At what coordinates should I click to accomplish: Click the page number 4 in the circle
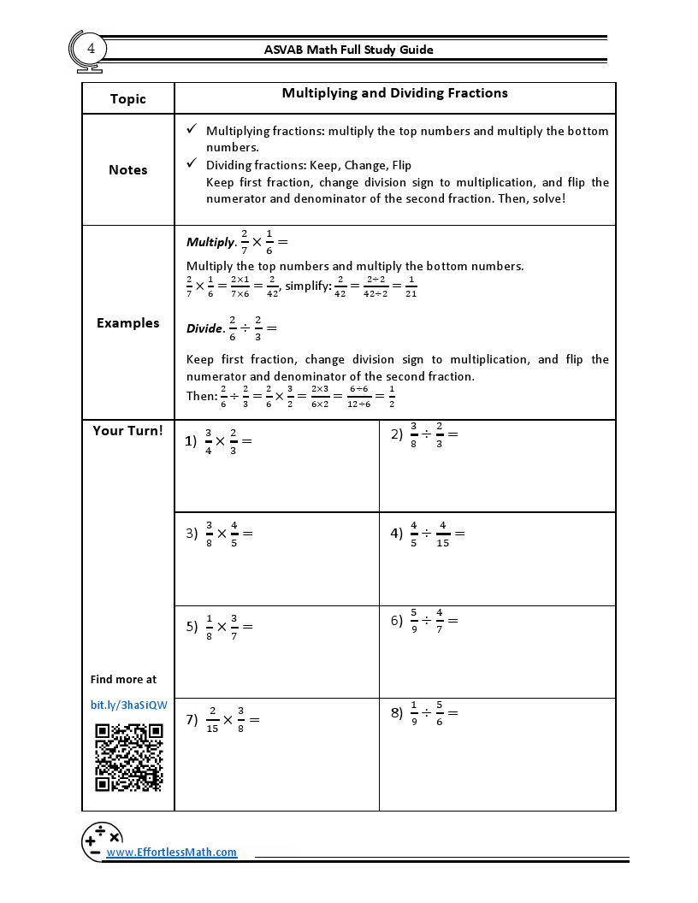click(91, 49)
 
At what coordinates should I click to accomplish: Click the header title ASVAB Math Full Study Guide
click(349, 50)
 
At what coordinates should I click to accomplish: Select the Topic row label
click(128, 99)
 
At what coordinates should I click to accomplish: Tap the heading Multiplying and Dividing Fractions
click(394, 93)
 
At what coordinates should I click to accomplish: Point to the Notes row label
click(128, 170)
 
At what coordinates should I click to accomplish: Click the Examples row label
click(128, 323)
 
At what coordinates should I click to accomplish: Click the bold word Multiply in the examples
click(210, 243)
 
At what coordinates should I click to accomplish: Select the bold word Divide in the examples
click(204, 328)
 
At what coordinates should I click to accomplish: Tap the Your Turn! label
click(128, 431)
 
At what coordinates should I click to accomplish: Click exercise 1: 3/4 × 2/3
click(221, 441)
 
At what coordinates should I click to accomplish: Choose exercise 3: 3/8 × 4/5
click(221, 534)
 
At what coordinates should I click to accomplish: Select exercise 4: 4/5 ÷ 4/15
click(428, 534)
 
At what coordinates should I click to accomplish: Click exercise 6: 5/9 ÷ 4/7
click(425, 620)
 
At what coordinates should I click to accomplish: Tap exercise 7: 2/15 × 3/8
click(223, 720)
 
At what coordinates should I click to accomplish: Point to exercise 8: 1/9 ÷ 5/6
click(425, 712)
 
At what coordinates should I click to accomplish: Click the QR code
click(128, 758)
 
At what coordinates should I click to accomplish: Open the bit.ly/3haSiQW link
click(128, 705)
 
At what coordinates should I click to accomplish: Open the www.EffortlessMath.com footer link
click(171, 853)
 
